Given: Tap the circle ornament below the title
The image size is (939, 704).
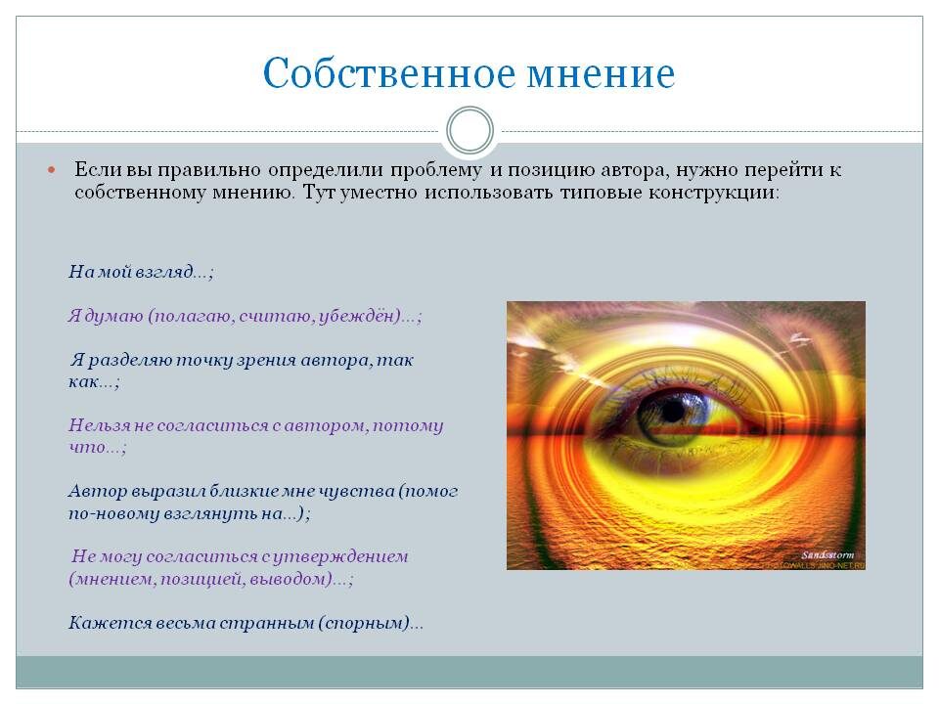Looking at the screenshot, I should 469,131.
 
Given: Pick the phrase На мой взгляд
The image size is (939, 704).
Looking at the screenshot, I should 136,273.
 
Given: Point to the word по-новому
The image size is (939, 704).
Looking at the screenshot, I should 112,512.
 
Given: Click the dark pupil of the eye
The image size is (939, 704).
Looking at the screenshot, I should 672,411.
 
